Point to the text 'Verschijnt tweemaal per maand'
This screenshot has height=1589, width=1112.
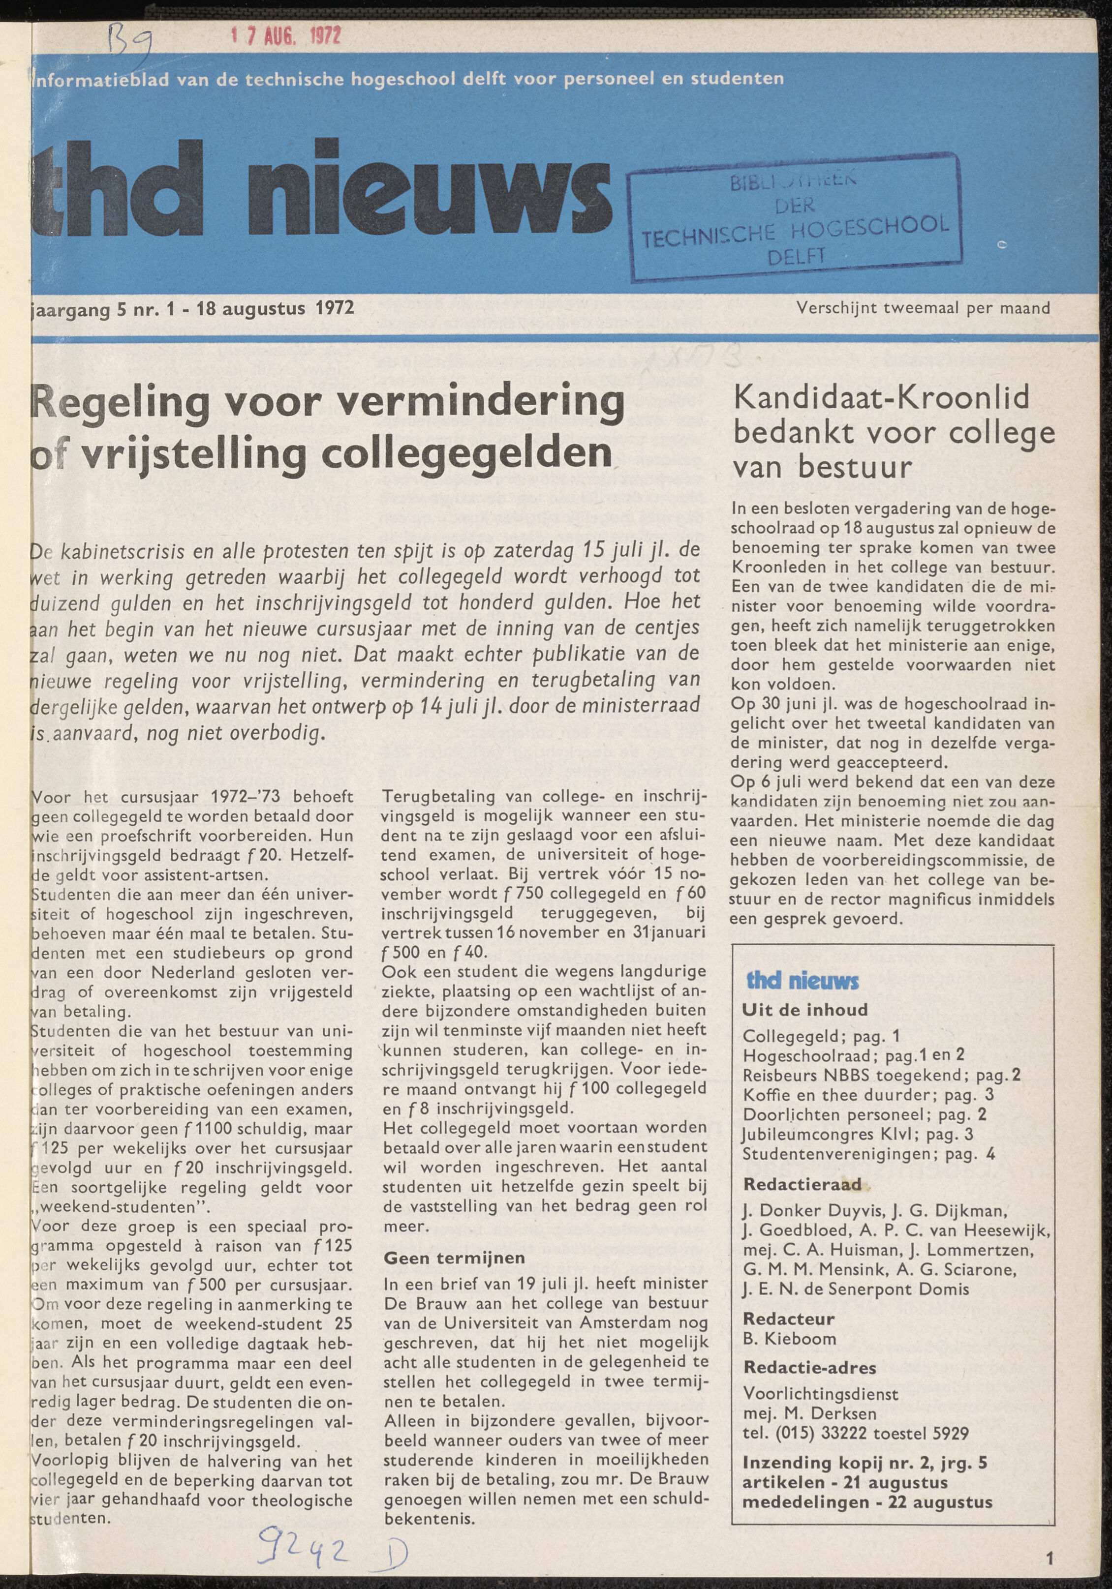(x=923, y=308)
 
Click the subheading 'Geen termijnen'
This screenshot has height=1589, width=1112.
(x=454, y=1258)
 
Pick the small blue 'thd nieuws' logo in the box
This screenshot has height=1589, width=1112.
(x=803, y=981)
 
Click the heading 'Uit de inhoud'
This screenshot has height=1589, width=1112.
(x=804, y=1010)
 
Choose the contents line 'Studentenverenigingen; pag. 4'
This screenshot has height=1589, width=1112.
(x=869, y=1154)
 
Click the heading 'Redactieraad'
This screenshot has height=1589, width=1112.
(x=802, y=1184)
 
